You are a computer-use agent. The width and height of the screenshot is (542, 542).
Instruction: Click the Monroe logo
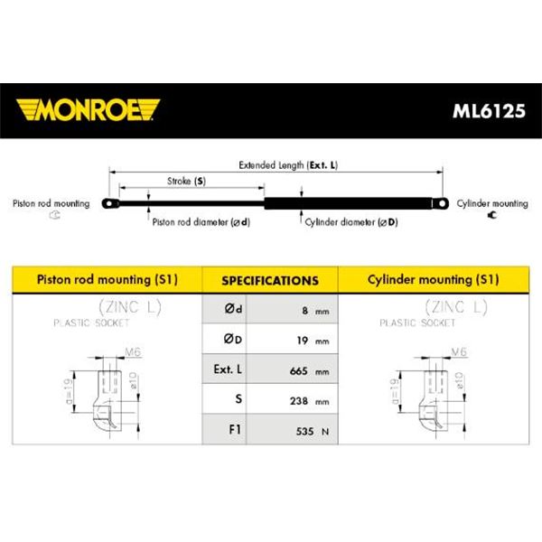click(88, 110)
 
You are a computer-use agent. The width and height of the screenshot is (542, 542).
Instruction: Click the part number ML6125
click(489, 111)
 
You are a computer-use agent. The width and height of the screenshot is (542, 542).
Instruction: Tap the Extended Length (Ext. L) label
click(288, 165)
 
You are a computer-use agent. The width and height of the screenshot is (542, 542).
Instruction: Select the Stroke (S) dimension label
click(186, 182)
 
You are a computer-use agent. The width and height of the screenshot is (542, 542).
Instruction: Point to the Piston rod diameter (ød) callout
click(201, 222)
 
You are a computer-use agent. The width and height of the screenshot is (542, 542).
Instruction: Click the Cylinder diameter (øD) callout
click(351, 222)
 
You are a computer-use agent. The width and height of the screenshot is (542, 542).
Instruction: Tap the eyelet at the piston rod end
click(110, 203)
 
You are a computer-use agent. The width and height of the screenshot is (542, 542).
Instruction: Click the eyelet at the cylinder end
click(441, 203)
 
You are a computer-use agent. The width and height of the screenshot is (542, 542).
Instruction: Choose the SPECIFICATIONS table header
click(270, 280)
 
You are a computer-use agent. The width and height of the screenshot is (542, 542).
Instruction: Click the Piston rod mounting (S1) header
click(107, 280)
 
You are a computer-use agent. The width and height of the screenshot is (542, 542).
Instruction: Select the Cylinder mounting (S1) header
click(433, 280)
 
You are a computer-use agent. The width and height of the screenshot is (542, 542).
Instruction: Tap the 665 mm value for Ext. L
click(309, 371)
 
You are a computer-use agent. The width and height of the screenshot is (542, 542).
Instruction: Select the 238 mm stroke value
click(309, 401)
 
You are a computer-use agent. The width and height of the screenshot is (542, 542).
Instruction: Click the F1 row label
click(235, 429)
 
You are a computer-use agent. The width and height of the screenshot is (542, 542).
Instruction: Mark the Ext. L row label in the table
click(228, 369)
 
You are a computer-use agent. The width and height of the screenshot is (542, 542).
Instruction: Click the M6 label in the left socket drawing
click(133, 352)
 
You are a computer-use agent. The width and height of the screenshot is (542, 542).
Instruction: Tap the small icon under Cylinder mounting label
click(492, 215)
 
